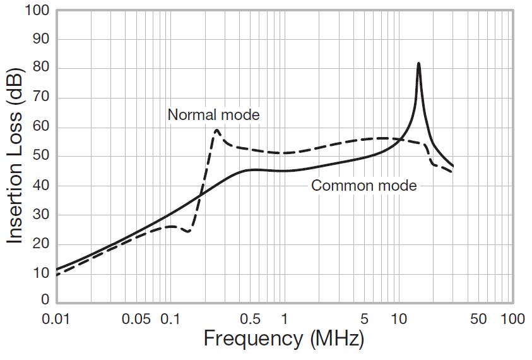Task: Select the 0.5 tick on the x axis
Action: click(x=251, y=319)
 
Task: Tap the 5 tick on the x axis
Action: click(x=364, y=319)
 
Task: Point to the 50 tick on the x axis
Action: click(x=478, y=319)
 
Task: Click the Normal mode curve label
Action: click(x=213, y=115)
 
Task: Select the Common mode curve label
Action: click(x=364, y=186)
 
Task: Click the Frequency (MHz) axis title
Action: click(x=284, y=340)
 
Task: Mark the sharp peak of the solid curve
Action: click(x=418, y=63)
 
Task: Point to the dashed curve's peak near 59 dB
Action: click(x=216, y=130)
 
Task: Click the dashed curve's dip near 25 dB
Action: click(x=187, y=232)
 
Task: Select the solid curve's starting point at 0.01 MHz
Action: click(x=56, y=269)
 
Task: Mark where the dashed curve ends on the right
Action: click(x=452, y=172)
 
